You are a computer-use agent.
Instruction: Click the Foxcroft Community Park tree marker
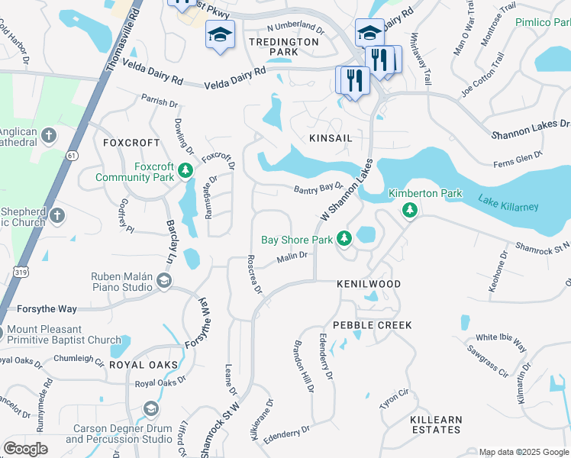(185, 169)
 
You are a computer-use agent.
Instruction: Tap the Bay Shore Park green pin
(344, 240)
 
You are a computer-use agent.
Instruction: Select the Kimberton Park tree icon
(410, 209)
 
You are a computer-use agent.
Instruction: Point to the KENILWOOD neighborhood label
(369, 284)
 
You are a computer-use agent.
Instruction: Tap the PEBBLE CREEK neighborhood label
(373, 325)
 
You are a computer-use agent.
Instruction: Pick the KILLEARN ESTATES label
(436, 425)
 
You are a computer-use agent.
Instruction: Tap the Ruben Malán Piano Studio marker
(163, 282)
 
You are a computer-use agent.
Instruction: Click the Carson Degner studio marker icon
(150, 410)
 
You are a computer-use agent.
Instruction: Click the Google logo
(25, 449)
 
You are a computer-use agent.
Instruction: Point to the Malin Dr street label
(292, 257)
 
